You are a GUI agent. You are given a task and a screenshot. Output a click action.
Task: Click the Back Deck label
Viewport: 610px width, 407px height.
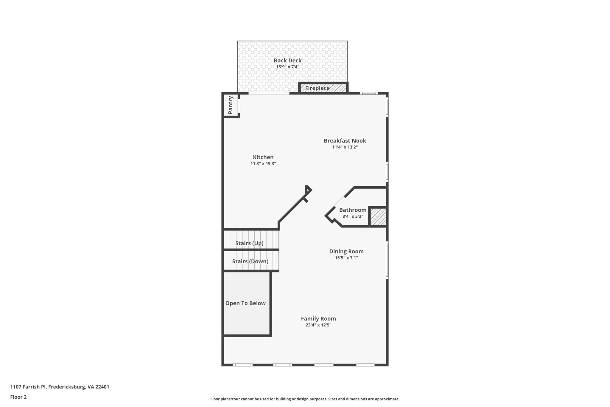coord(287,61)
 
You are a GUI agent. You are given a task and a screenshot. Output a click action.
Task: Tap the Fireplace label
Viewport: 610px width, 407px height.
coord(317,88)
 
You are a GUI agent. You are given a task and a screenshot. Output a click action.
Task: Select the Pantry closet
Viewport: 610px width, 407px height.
coord(231,105)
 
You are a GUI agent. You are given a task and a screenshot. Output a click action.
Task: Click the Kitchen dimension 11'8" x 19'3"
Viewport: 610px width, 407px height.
coord(263,164)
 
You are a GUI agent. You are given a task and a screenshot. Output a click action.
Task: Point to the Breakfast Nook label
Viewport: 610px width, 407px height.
coord(345,141)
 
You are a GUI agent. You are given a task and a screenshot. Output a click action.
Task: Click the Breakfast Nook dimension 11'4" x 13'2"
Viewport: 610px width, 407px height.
coord(345,147)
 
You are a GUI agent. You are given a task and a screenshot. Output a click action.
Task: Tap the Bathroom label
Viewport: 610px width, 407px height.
coord(353,210)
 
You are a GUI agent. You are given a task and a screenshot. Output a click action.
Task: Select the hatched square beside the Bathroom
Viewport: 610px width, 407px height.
coord(378,217)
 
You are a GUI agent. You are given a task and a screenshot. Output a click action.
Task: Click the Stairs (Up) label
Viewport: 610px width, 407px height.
coord(249,243)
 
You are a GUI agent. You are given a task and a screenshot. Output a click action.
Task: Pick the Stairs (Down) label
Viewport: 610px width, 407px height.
coord(250,261)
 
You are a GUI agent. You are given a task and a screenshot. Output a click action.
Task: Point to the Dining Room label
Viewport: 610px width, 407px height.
coord(346,251)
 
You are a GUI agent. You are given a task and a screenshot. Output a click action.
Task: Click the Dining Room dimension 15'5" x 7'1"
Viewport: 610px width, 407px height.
coord(346,258)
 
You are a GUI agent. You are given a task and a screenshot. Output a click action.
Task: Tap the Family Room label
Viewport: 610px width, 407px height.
coord(318,319)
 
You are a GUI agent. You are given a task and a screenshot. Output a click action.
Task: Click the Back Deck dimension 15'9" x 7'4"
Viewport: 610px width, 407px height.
coord(287,67)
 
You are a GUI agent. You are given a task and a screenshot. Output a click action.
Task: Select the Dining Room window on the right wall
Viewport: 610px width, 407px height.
coord(387,260)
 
